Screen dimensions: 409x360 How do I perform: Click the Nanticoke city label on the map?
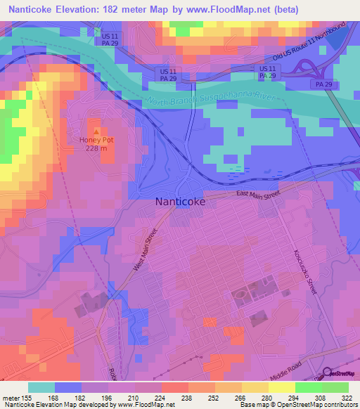pos(180,201)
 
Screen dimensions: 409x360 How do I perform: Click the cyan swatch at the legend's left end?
pos(41,387)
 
